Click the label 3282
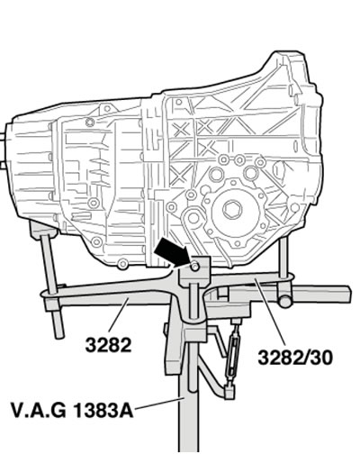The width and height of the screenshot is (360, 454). click(108, 345)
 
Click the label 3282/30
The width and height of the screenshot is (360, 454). click(295, 358)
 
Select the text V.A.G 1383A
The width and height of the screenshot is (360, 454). click(72, 410)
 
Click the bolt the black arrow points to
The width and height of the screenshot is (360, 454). click(194, 266)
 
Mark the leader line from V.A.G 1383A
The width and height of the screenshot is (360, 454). click(159, 404)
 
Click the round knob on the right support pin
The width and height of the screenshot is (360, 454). click(285, 301)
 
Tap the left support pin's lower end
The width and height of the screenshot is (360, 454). click(59, 334)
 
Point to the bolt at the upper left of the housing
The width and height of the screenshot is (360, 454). click(90, 123)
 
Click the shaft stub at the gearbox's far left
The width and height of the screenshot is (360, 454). click(3, 150)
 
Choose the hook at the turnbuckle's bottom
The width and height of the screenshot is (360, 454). click(229, 392)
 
